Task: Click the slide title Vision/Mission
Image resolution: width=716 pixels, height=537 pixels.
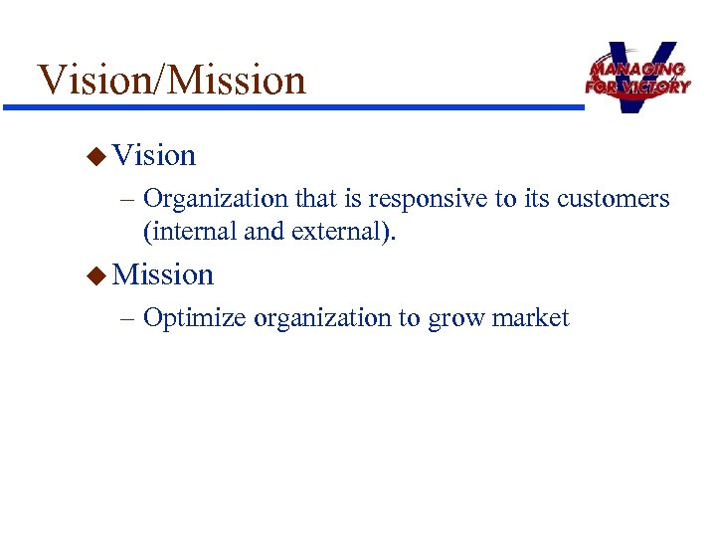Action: (x=171, y=80)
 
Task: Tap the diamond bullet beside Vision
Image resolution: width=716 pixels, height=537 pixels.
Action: (x=95, y=155)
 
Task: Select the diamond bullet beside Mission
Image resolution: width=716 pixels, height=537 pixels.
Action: (x=95, y=274)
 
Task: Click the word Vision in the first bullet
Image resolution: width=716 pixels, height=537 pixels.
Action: (x=154, y=155)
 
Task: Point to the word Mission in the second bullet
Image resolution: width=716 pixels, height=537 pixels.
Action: (x=163, y=274)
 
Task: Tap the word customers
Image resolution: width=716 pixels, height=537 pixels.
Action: (x=613, y=199)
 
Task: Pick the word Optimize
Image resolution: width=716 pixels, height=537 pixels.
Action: (x=196, y=318)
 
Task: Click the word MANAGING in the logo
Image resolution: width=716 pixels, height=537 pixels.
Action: (x=636, y=70)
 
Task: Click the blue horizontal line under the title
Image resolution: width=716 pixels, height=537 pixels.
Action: (x=298, y=105)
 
